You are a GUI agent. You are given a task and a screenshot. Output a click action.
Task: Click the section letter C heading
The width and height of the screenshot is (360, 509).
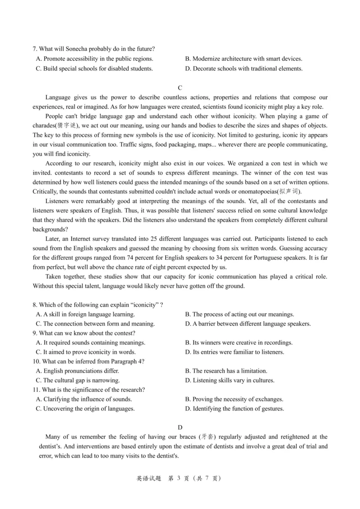click(x=180, y=88)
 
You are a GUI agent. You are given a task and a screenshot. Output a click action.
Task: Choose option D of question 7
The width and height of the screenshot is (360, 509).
click(x=243, y=69)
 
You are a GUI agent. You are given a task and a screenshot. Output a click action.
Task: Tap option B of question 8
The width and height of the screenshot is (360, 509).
click(x=239, y=314)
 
